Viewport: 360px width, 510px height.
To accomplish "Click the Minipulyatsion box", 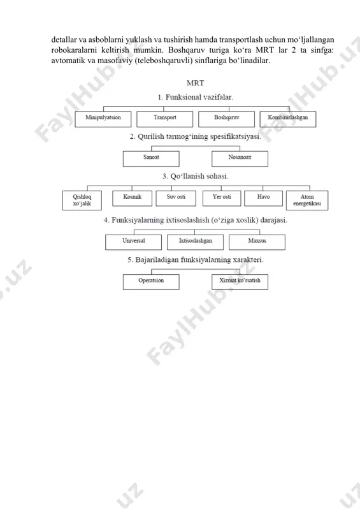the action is click(x=103, y=119).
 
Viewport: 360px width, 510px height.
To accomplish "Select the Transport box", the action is click(x=164, y=119).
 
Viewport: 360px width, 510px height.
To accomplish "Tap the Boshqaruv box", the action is click(x=226, y=119).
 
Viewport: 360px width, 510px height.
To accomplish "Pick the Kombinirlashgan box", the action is click(x=288, y=119).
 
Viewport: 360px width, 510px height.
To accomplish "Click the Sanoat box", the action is click(x=151, y=159).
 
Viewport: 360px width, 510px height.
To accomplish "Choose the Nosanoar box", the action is click(x=240, y=159).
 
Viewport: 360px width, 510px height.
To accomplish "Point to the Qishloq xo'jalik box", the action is click(x=82, y=200).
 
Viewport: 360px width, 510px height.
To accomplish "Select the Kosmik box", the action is click(x=132, y=198).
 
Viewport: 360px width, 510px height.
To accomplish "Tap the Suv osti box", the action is click(x=176, y=198).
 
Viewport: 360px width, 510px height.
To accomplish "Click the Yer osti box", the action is click(x=222, y=198).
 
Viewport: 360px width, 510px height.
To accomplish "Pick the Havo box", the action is click(x=263, y=198).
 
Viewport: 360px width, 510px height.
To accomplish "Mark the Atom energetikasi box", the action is click(x=307, y=200).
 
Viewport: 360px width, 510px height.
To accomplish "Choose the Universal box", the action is click(x=133, y=242).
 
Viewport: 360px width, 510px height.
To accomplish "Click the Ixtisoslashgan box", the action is click(x=195, y=242).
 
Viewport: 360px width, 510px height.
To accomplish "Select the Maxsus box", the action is click(x=257, y=242).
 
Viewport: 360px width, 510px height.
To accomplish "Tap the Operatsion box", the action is click(x=151, y=282).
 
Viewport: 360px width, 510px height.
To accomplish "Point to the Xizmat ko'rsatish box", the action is click(x=240, y=282).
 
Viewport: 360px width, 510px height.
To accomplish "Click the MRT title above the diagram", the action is click(x=195, y=83).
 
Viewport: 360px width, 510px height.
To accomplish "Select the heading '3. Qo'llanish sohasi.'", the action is click(x=195, y=177).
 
